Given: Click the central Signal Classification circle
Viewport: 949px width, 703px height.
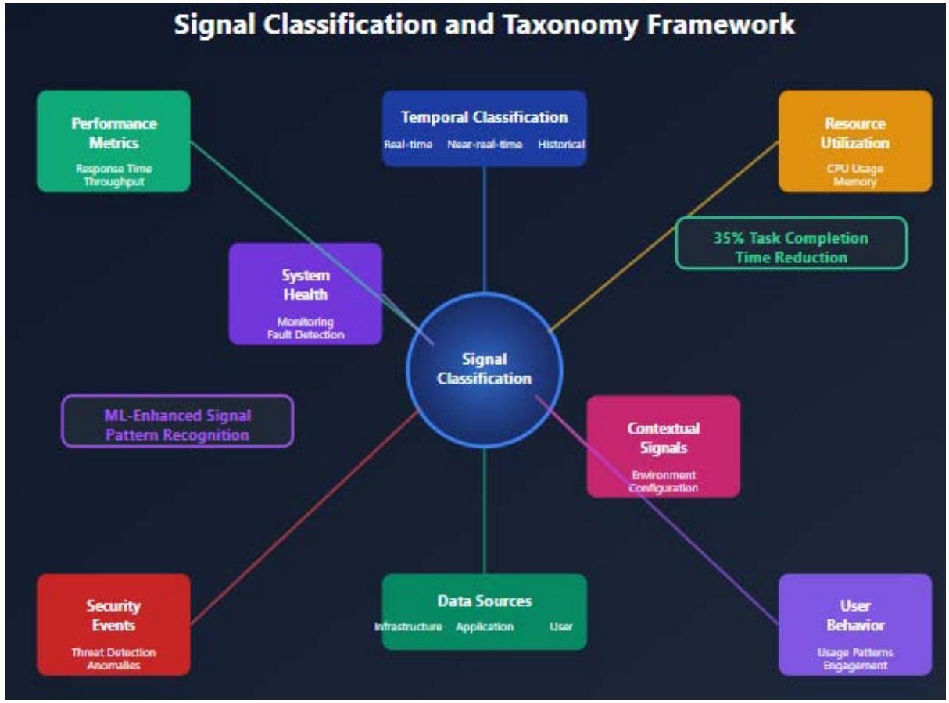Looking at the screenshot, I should [x=484, y=369].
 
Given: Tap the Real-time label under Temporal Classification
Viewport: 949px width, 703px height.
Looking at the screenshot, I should [x=408, y=145].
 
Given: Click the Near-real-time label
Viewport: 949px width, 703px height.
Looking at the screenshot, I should [x=485, y=145].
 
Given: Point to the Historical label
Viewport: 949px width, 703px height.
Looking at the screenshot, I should [x=560, y=145].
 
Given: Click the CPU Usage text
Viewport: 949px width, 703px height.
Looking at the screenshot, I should [x=854, y=170].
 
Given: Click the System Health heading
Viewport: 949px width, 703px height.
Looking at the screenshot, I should [x=306, y=285].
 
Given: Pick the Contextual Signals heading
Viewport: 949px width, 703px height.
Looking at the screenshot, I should [x=664, y=437].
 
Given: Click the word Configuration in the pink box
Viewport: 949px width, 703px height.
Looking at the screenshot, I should [x=664, y=487].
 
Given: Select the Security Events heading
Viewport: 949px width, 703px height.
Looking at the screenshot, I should [x=113, y=616].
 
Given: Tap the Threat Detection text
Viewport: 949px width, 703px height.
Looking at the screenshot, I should [x=113, y=652].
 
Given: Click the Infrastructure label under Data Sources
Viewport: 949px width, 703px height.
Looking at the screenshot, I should [x=408, y=626].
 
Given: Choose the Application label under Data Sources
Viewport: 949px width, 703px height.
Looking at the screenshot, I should [x=485, y=626].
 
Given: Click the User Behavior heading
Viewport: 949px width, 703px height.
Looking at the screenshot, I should [x=854, y=616].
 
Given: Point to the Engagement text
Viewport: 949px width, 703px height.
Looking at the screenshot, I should [x=854, y=666].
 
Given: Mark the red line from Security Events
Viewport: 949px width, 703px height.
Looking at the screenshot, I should [x=305, y=519].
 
